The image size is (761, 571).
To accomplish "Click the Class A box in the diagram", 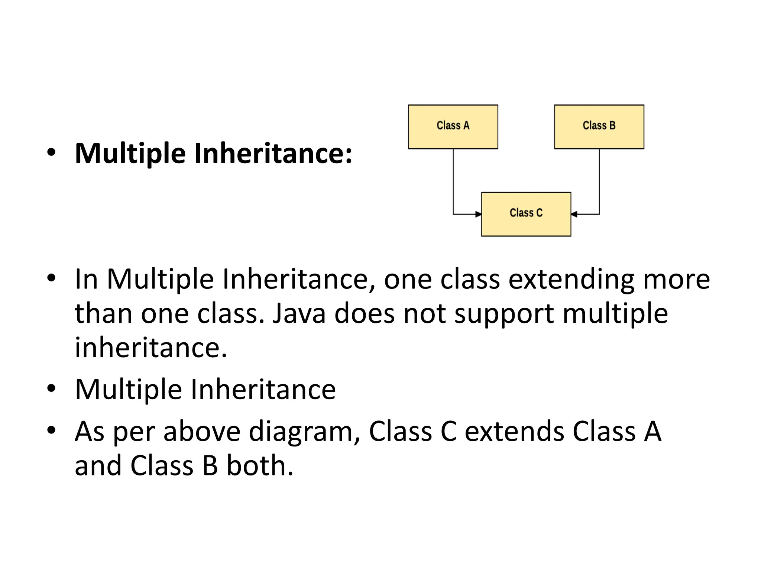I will pyautogui.click(x=453, y=127).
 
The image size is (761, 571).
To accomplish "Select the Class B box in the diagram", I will pyautogui.click(x=599, y=127).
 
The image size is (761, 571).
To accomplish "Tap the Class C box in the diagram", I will pyautogui.click(x=526, y=214).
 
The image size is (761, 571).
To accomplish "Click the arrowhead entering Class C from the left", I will pyautogui.click(x=479, y=214).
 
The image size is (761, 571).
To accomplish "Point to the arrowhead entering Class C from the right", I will pyautogui.click(x=574, y=214).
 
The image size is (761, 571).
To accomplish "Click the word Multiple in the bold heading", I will pyautogui.click(x=130, y=154).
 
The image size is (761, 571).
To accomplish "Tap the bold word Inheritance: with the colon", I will pyautogui.click(x=273, y=154).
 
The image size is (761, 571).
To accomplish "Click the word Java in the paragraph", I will pyautogui.click(x=299, y=313).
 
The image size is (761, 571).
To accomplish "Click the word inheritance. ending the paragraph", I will pyautogui.click(x=150, y=348).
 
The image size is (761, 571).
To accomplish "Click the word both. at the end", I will pyautogui.click(x=260, y=465).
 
